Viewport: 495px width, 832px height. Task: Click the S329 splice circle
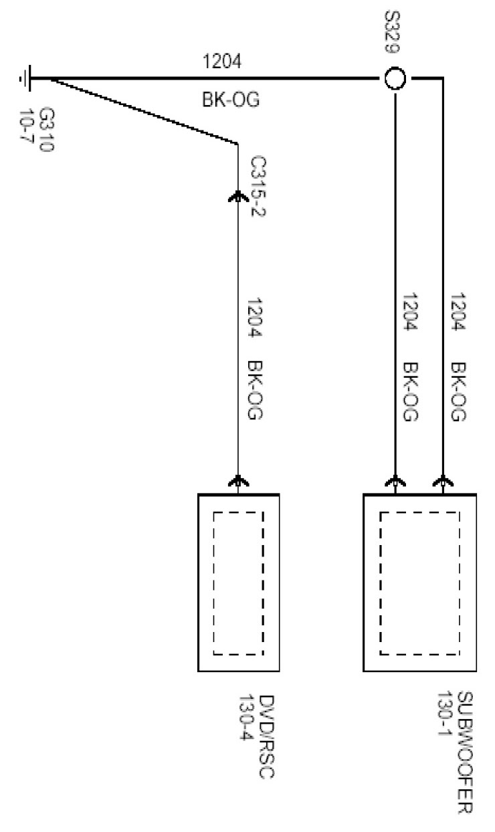(x=395, y=79)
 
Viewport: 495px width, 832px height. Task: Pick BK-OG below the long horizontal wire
(x=230, y=100)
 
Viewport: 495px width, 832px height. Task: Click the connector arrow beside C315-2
(x=238, y=195)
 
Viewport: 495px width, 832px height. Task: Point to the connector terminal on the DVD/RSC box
(x=238, y=481)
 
